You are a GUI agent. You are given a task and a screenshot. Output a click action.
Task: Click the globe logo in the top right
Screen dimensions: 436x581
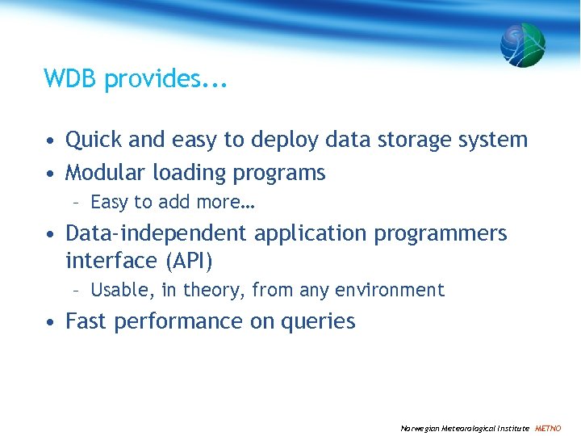[x=523, y=44]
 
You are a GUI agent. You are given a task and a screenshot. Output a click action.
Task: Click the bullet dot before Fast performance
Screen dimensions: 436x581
[x=51, y=322]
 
